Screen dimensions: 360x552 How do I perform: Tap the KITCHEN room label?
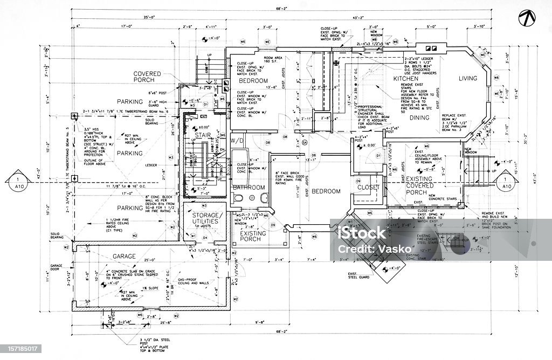pos(406,79)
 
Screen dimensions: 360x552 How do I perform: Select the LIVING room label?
pos(468,79)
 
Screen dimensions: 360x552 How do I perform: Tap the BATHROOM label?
pos(249,188)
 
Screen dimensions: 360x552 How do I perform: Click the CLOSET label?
pos(368,188)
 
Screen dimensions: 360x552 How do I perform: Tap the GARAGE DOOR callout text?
pos(58,268)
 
